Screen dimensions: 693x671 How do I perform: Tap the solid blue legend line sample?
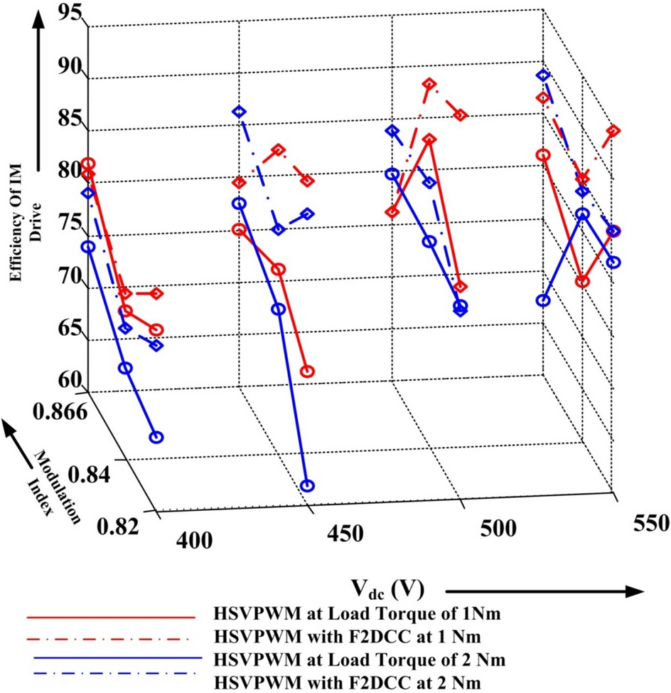click(x=109, y=660)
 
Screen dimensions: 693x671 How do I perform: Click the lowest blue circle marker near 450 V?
click(x=307, y=486)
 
